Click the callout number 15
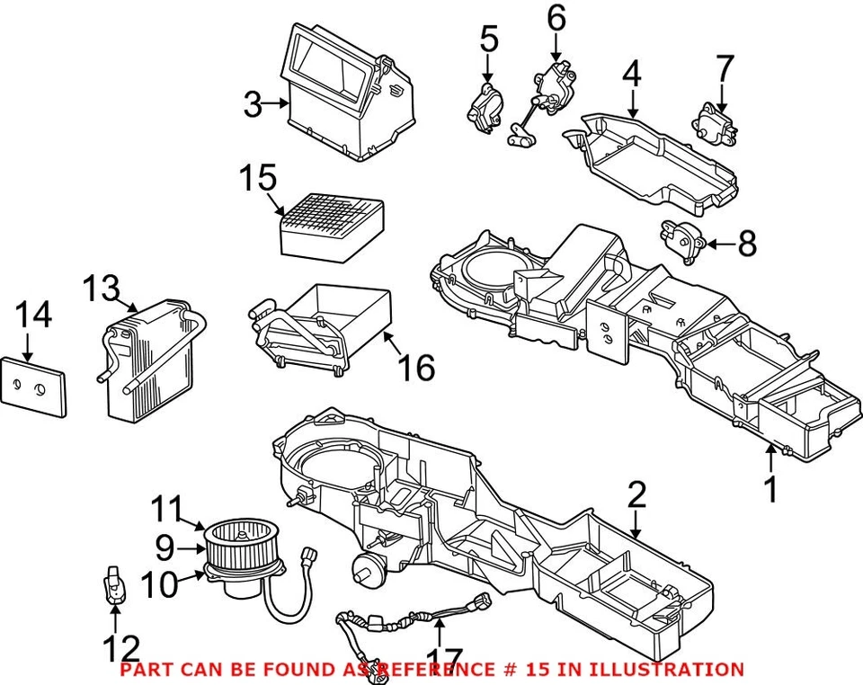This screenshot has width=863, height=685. tap(257, 178)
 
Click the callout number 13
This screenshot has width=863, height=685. tap(101, 289)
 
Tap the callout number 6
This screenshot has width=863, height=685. tap(556, 18)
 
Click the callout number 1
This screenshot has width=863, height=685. tap(770, 489)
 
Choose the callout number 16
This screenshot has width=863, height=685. tap(417, 367)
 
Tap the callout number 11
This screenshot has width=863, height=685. tap(166, 509)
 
